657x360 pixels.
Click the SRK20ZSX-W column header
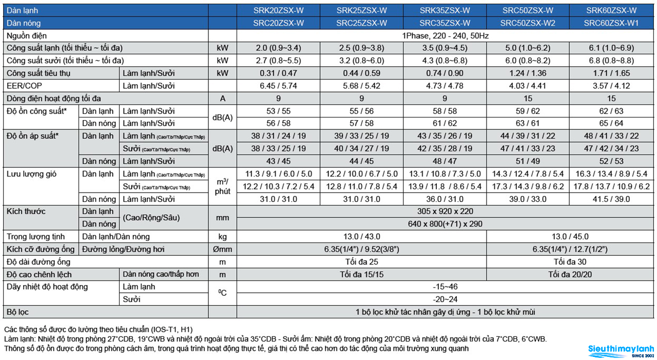[x=278, y=11]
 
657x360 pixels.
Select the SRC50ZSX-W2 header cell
[x=528, y=23]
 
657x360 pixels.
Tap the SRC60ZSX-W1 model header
[x=611, y=23]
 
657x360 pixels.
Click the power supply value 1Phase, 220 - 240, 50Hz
[x=445, y=36]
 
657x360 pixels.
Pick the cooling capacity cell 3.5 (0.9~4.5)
[x=445, y=48]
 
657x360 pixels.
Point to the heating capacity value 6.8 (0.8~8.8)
[x=611, y=61]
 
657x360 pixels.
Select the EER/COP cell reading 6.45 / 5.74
[x=278, y=86]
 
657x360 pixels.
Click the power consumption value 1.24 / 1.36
[x=528, y=73]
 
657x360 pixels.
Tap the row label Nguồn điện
[x=27, y=36]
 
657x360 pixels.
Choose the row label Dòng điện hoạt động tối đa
[x=54, y=99]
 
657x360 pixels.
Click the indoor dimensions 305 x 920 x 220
[x=445, y=211]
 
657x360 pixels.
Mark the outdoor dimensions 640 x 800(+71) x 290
[x=445, y=224]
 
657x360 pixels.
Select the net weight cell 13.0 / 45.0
[x=570, y=236]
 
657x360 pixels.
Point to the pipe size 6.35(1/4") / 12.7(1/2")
[x=570, y=249]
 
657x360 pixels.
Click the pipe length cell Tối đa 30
[x=570, y=262]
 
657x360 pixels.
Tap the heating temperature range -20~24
[x=445, y=299]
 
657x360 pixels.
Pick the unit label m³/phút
[x=223, y=186]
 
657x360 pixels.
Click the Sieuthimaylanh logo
[x=621, y=351]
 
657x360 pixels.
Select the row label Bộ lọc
[x=17, y=312]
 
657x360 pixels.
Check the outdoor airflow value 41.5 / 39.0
[x=611, y=199]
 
